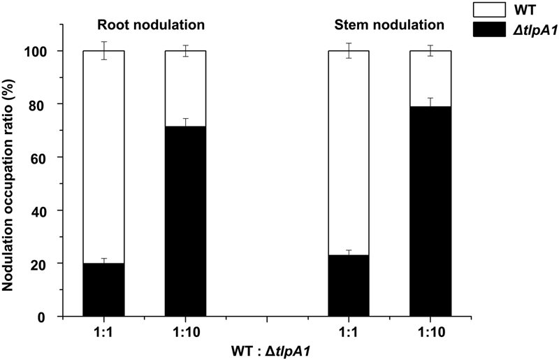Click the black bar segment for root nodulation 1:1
103,289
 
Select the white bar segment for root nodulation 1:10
185,88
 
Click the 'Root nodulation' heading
150,26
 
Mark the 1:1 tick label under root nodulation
103,332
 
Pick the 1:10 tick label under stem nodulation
430,332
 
